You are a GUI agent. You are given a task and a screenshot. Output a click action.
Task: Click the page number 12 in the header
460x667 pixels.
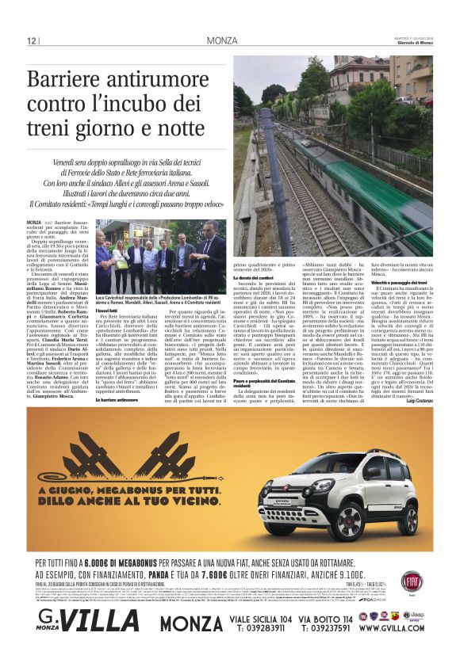pos(31,41)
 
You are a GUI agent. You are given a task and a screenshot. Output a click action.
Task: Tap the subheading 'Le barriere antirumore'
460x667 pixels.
pos(116,400)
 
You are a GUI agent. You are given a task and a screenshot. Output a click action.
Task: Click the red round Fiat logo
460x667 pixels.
pos(412,581)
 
